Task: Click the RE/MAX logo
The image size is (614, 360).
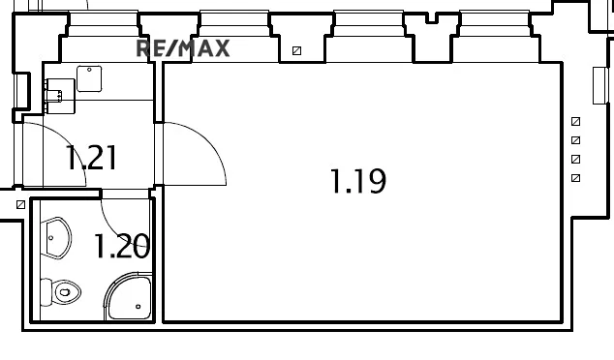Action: [182, 48]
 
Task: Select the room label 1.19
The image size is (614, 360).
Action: [358, 181]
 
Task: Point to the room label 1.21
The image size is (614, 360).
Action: [91, 157]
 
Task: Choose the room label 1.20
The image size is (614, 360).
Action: [121, 247]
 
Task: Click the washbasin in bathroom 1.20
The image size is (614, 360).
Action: [57, 238]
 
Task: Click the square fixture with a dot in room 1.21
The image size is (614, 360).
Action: [90, 77]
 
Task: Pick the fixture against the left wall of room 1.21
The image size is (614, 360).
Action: [59, 94]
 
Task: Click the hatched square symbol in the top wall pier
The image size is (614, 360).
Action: [296, 51]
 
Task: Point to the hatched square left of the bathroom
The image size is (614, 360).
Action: [20, 205]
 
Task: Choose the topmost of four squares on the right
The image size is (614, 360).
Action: [575, 122]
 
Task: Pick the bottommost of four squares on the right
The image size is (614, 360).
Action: [575, 178]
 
